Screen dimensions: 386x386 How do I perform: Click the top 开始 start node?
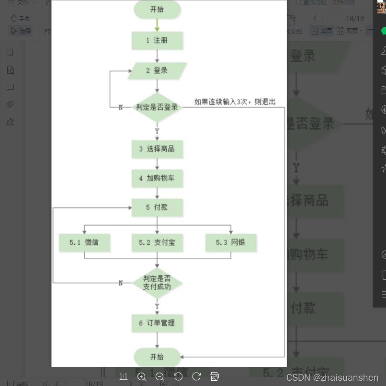tap(157, 10)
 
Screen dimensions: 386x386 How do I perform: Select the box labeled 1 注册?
tap(157, 41)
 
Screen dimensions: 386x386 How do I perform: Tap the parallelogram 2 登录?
tap(157, 70)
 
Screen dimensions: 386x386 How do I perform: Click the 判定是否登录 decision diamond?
tap(157, 107)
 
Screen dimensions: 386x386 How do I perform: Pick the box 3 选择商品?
tap(157, 149)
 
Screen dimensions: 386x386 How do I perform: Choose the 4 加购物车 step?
tap(157, 178)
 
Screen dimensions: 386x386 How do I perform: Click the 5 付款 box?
tap(157, 207)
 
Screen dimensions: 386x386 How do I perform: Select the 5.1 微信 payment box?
tap(84, 243)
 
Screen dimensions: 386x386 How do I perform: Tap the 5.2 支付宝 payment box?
tap(157, 243)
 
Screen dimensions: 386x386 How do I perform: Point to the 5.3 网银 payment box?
tap(231, 243)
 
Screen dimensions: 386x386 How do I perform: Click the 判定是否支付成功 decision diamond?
tap(157, 283)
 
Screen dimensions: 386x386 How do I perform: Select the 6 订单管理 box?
tap(157, 323)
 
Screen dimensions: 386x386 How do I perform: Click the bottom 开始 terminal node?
tap(157, 357)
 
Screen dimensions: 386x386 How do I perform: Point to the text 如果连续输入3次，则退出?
tap(235, 102)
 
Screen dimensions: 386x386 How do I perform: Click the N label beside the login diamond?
tap(121, 107)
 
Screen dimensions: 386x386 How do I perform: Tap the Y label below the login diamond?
tap(157, 131)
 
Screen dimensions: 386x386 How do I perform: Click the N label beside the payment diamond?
tap(121, 283)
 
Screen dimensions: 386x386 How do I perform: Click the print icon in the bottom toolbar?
tap(215, 376)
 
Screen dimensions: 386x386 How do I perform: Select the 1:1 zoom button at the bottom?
tap(124, 376)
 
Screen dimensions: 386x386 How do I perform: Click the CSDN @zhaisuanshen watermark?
tap(332, 377)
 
